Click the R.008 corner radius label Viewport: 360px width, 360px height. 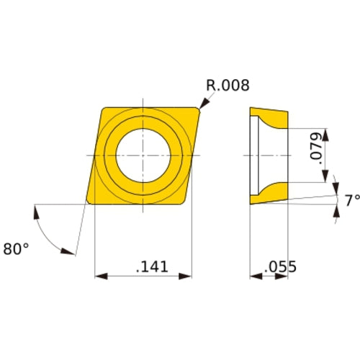tap(227, 86)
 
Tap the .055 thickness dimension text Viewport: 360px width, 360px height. tap(280, 266)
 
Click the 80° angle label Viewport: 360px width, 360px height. tap(17, 248)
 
